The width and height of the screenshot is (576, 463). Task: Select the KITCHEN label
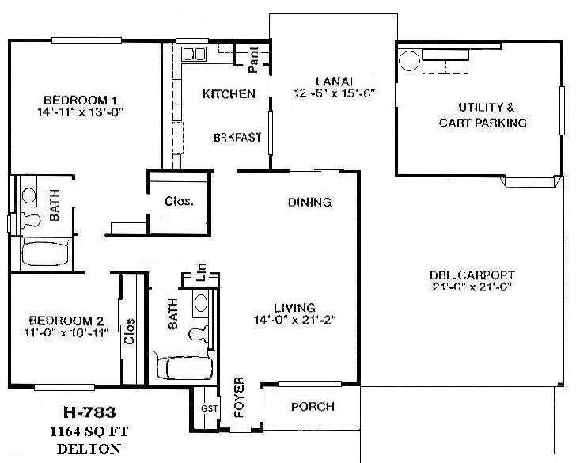(229, 94)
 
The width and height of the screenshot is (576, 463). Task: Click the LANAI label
(333, 80)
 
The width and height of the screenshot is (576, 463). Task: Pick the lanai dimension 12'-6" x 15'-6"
(333, 93)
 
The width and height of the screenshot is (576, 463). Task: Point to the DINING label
(309, 202)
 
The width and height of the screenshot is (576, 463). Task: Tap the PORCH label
(313, 408)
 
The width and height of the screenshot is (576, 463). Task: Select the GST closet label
(209, 408)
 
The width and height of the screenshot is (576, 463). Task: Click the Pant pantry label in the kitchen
(254, 55)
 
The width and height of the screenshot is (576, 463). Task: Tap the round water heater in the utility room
(409, 60)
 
